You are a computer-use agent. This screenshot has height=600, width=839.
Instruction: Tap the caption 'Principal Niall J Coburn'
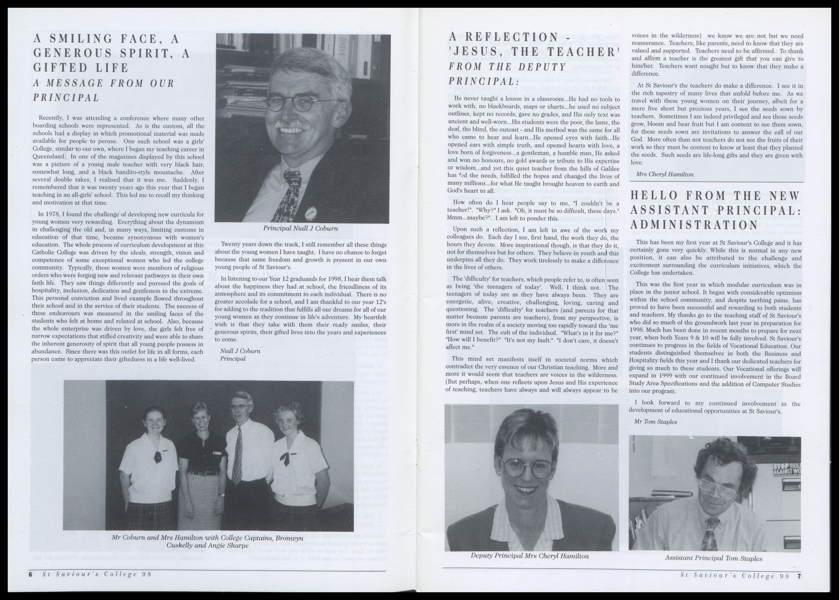[x=300, y=228]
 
